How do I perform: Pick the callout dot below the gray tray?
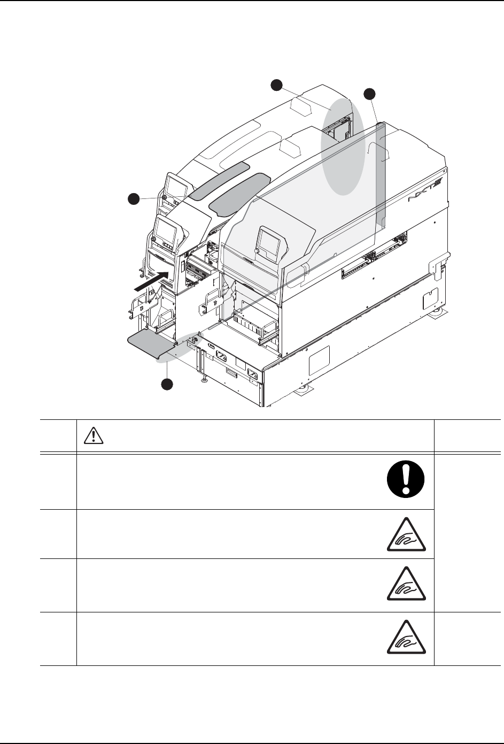tap(167, 384)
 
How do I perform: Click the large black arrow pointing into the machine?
tap(153, 281)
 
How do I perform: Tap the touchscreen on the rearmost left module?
tap(176, 187)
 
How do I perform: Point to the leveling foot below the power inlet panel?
tap(204, 379)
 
